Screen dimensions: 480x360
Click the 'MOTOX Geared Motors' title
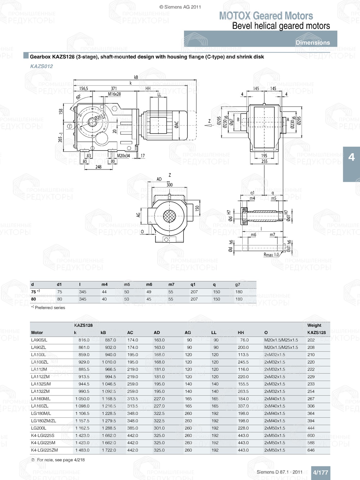[266, 16]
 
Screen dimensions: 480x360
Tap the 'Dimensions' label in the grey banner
[312, 42]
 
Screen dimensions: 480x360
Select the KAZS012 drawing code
[41, 66]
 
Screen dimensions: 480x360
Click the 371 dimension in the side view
[114, 89]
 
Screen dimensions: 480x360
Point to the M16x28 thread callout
[114, 94]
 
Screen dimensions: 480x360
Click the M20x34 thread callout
[123, 156]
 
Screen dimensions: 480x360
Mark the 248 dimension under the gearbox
[98, 167]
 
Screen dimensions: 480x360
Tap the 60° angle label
[78, 97]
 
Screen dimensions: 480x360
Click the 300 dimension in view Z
[170, 185]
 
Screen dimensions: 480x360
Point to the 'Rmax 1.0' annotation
[271, 255]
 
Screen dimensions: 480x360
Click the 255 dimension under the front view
[264, 162]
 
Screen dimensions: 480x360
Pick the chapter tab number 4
[351, 157]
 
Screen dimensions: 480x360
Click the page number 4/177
[320, 472]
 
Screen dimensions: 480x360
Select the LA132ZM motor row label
[40, 391]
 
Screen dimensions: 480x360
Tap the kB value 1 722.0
[109, 450]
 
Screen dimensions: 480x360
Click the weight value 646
[311, 450]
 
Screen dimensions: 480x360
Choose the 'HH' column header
[241, 333]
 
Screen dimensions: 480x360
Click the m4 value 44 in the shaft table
[104, 292]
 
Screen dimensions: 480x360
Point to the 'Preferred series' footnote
[50, 308]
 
